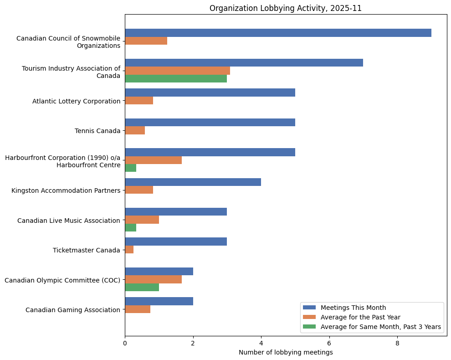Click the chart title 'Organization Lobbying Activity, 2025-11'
pyautogui.click(x=285, y=8)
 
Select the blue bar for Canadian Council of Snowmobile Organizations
pyautogui.click(x=278, y=33)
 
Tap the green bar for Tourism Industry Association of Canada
pyautogui.click(x=176, y=78)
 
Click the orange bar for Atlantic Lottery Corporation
pyautogui.click(x=139, y=101)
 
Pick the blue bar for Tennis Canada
pyautogui.click(x=210, y=122)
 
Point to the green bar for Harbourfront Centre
pyautogui.click(x=131, y=168)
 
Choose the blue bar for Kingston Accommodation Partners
pyautogui.click(x=193, y=182)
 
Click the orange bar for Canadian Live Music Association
pyautogui.click(x=142, y=220)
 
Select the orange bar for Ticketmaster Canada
pyautogui.click(x=129, y=250)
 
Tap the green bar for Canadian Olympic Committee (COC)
pyautogui.click(x=142, y=287)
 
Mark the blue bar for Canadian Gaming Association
pyautogui.click(x=159, y=301)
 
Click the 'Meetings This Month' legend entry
pyautogui.click(x=353, y=307)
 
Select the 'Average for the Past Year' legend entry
pyautogui.click(x=359, y=317)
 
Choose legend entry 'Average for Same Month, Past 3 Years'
pyautogui.click(x=380, y=327)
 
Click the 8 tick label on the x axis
pyautogui.click(x=397, y=343)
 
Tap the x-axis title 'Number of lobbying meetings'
pyautogui.click(x=286, y=352)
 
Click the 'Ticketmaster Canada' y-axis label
pyautogui.click(x=86, y=250)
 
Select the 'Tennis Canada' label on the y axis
pyautogui.click(x=97, y=131)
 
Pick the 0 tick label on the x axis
pyautogui.click(x=125, y=343)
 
